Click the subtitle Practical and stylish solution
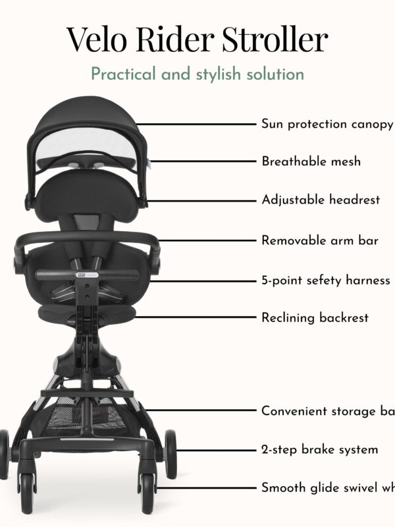pyautogui.click(x=197, y=73)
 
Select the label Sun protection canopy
pyautogui.click(x=327, y=124)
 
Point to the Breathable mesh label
pyautogui.click(x=311, y=161)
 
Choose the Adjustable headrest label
pyautogui.click(x=321, y=200)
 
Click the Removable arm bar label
pyautogui.click(x=320, y=240)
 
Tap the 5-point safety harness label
pyautogui.click(x=326, y=281)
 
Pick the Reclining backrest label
pyautogui.click(x=315, y=318)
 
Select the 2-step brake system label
pyautogui.click(x=320, y=450)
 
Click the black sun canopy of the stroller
pyautogui.click(x=86, y=115)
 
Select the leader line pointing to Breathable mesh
pyautogui.click(x=197, y=161)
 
